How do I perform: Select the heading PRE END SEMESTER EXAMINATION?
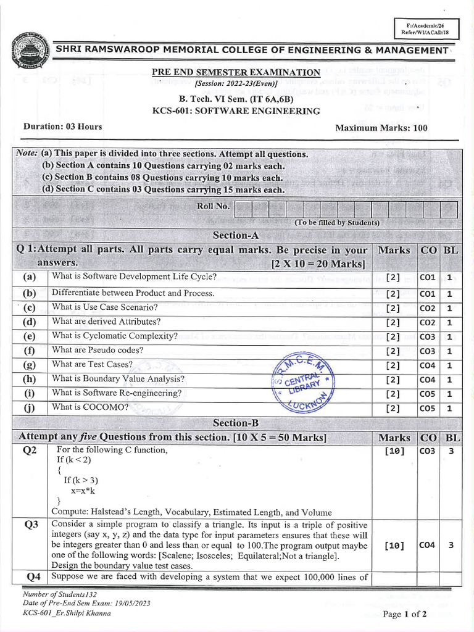(x=236, y=72)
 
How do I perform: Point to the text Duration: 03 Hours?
(x=63, y=127)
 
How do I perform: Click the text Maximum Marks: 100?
(x=381, y=128)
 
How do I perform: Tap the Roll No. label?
(x=213, y=206)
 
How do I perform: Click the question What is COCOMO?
(x=90, y=407)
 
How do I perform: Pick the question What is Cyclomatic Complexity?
(x=115, y=336)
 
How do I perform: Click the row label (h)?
(x=30, y=380)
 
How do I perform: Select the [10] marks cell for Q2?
(x=394, y=451)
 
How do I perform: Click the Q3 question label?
(x=31, y=525)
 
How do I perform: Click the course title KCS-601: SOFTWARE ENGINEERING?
(x=236, y=111)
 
